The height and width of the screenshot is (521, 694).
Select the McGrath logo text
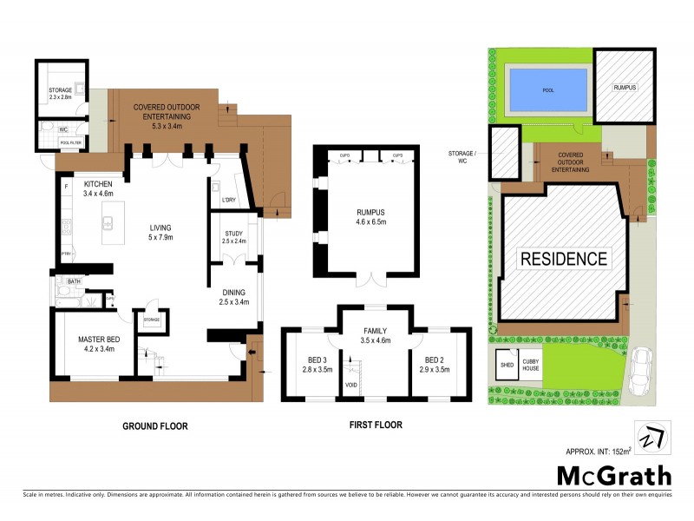[x=613, y=475]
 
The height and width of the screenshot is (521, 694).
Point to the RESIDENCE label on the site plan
[x=563, y=259]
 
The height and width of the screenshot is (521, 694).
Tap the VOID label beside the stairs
[x=351, y=384]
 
